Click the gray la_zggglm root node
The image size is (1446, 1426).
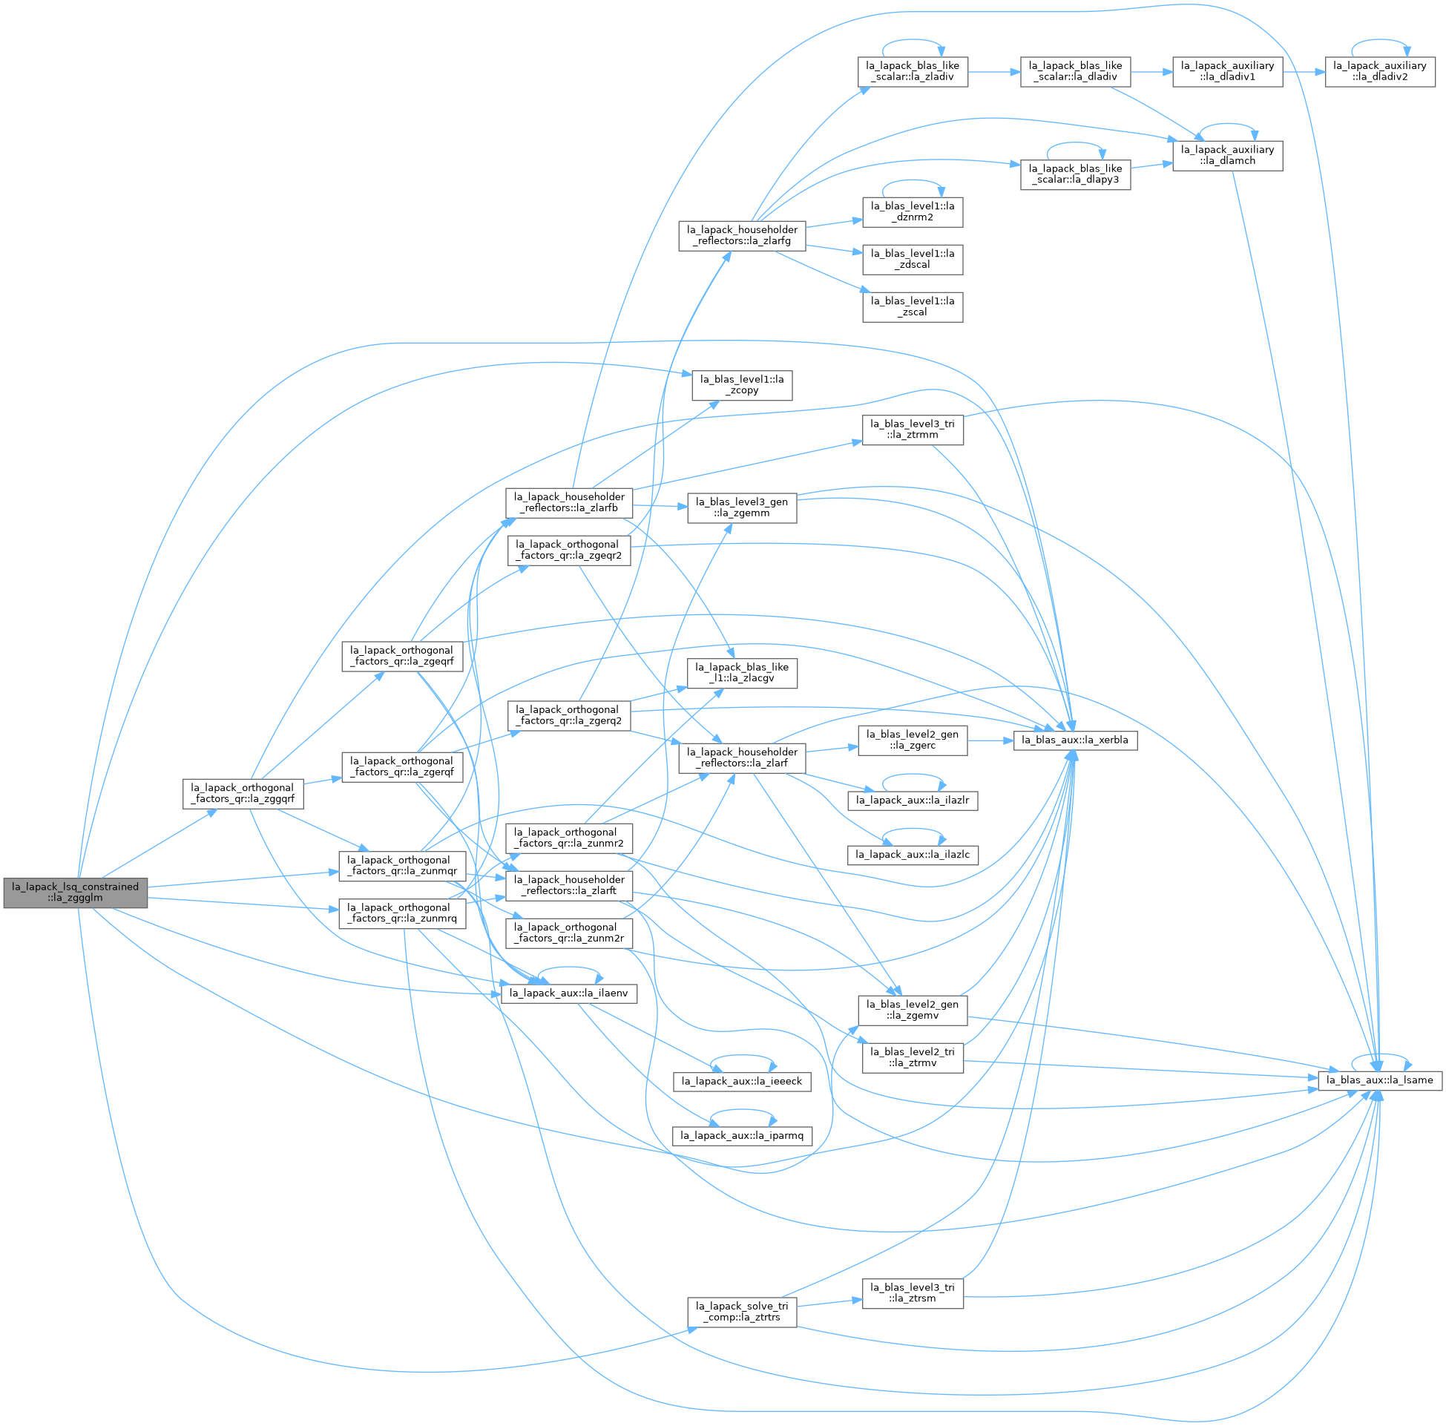pyautogui.click(x=76, y=893)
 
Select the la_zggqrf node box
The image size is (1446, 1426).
pyautogui.click(x=243, y=793)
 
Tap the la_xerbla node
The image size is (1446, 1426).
pyautogui.click(x=1076, y=740)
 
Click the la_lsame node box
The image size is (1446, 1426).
pyautogui.click(x=1379, y=1080)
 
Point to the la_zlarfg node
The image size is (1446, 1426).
pyautogui.click(x=742, y=236)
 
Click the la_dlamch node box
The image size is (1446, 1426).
pyautogui.click(x=1227, y=155)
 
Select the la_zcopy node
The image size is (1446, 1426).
pyautogui.click(x=742, y=385)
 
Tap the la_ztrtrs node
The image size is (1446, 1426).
pyautogui.click(x=742, y=1312)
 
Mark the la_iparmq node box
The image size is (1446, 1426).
pyautogui.click(x=742, y=1136)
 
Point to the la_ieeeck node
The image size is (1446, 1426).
pyautogui.click(x=742, y=1081)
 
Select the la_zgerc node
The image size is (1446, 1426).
pyautogui.click(x=913, y=740)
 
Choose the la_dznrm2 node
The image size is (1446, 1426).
pyautogui.click(x=913, y=212)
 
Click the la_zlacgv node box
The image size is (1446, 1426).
pyautogui.click(x=742, y=673)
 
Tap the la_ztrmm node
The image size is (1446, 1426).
pyautogui.click(x=913, y=430)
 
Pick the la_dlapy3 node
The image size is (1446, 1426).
pyautogui.click(x=1076, y=174)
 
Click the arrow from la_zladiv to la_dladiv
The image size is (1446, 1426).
pyautogui.click(x=994, y=72)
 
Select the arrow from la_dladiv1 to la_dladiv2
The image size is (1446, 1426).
pyautogui.click(x=1304, y=72)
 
